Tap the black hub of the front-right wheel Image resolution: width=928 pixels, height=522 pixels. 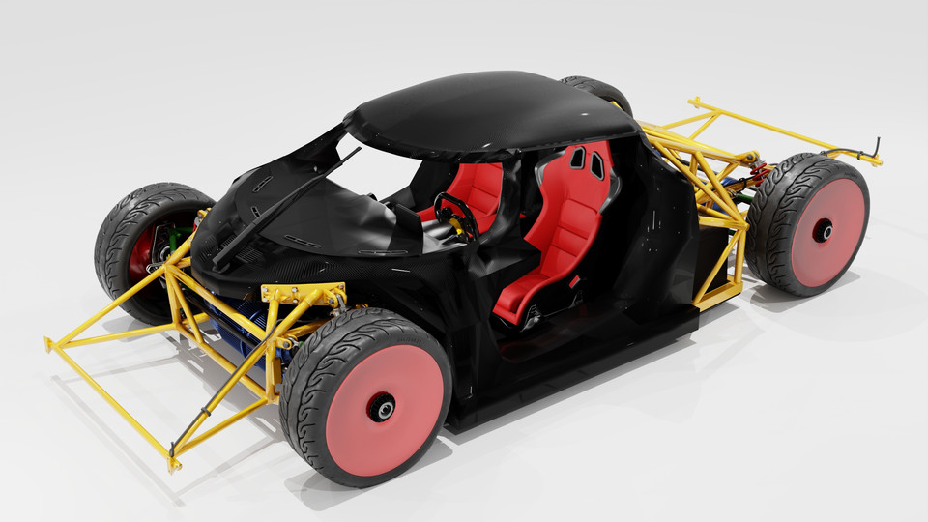(x=385, y=410)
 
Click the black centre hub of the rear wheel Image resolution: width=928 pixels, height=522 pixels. (x=823, y=230)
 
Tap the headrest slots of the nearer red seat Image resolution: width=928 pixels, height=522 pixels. (x=588, y=161)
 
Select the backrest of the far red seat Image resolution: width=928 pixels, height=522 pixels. (x=478, y=188)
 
